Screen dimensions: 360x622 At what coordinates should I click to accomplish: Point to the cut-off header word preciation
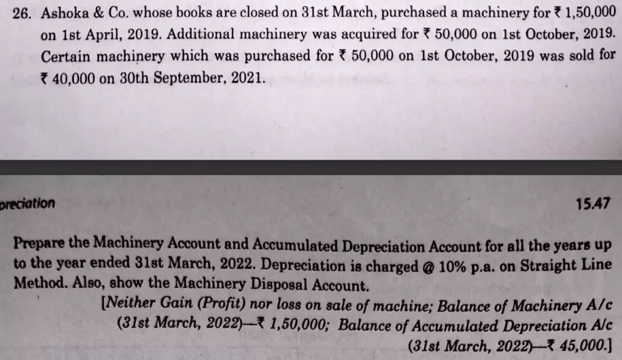[x=27, y=203]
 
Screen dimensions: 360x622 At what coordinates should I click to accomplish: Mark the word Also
[x=72, y=285]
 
